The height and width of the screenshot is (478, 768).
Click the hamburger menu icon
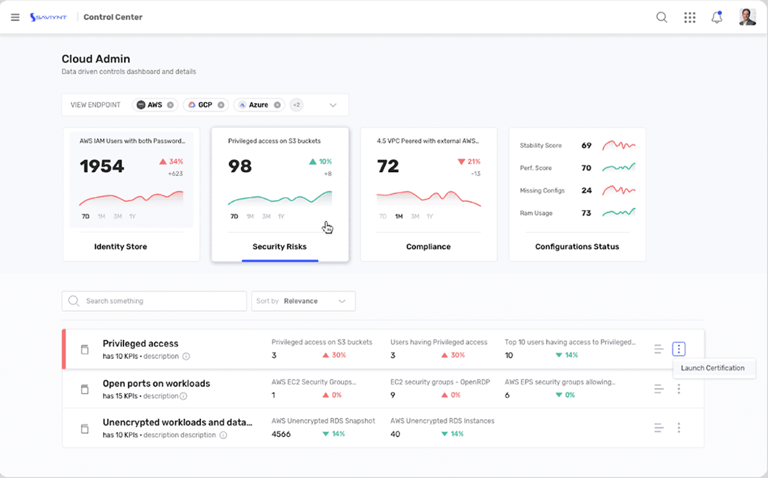pos(15,17)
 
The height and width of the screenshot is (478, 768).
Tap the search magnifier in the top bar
pos(662,17)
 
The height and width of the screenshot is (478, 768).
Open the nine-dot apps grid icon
pos(689,17)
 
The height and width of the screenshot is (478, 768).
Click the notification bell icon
pos(717,17)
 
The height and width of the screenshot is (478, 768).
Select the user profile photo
pos(748,17)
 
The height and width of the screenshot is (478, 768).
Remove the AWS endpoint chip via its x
pos(170,105)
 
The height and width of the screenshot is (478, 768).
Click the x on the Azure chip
pos(277,105)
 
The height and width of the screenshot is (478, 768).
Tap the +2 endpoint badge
pos(296,105)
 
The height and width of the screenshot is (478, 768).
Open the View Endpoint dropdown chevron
pos(333,105)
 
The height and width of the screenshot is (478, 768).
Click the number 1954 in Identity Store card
pos(102,166)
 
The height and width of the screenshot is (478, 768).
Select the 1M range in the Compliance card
pos(399,216)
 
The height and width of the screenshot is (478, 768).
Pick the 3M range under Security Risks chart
pos(266,216)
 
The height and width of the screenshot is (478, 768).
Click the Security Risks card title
pos(280,246)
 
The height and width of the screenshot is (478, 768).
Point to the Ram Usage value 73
pos(586,213)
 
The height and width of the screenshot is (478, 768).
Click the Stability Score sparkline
pos(619,145)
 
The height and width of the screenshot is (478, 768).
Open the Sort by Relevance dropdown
pos(303,301)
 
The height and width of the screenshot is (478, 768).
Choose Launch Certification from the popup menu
pos(712,368)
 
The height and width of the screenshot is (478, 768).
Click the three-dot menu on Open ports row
pos(679,389)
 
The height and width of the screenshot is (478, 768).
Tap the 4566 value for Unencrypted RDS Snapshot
pos(281,434)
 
